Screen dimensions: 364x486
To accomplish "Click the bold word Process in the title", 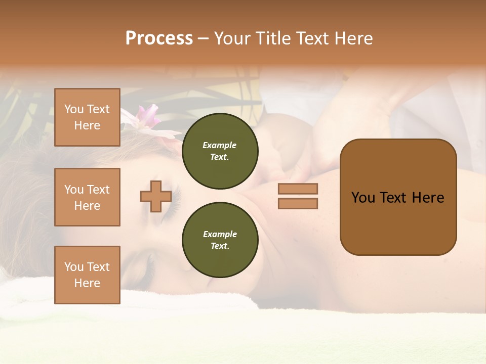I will [159, 38].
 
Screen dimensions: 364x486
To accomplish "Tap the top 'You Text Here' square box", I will [87, 117].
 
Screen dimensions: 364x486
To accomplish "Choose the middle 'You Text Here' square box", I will [87, 197].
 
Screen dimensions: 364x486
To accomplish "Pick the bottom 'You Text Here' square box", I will [87, 275].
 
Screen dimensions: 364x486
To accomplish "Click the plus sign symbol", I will [155, 196].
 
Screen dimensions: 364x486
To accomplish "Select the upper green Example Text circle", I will [220, 151].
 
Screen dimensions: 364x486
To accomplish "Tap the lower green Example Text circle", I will [220, 240].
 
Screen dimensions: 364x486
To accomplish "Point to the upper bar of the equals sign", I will [298, 189].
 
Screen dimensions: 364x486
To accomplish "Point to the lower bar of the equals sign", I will [298, 204].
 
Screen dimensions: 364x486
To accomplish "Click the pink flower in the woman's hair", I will [148, 115].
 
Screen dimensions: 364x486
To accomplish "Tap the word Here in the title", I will [353, 38].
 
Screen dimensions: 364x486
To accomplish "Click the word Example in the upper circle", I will [220, 145].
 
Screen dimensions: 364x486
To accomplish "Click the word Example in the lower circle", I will [220, 234].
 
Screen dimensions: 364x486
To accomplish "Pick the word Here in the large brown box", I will [428, 198].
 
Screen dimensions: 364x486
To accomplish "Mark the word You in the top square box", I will [74, 109].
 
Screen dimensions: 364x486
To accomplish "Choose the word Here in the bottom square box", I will [87, 283].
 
